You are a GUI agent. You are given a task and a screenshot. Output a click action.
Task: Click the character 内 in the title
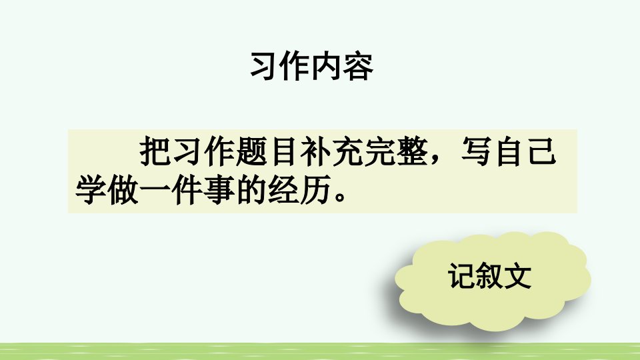[327, 67]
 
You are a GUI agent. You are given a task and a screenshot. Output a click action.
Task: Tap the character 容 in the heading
[359, 67]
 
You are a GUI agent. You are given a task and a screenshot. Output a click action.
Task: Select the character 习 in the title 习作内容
[265, 67]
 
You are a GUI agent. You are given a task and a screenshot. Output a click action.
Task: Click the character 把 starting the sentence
[155, 151]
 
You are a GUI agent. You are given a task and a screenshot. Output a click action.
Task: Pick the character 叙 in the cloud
[490, 276]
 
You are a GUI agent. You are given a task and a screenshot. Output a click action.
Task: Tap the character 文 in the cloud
[517, 276]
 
